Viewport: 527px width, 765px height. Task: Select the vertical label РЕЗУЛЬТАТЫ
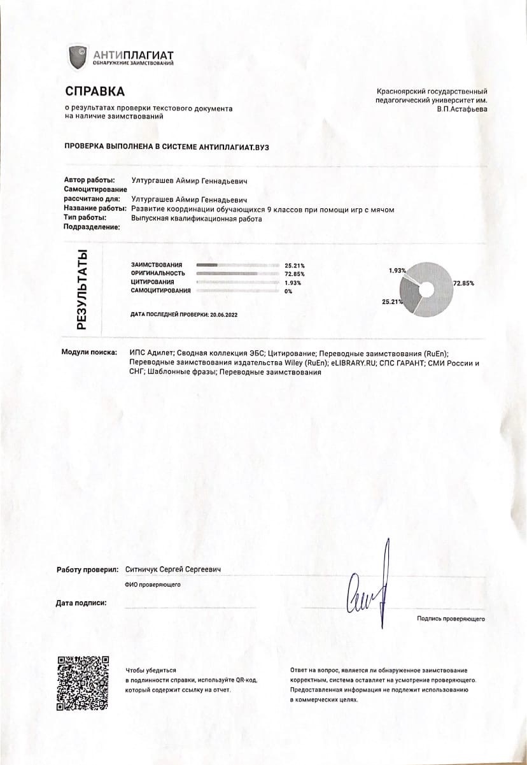coord(81,289)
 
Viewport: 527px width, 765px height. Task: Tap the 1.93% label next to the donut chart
coord(397,270)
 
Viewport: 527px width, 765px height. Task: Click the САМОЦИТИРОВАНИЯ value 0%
coord(288,290)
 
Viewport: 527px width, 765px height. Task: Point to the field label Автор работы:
coord(90,180)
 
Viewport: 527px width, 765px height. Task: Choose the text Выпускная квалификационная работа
coord(196,218)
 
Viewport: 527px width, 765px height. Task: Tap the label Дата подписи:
coord(81,602)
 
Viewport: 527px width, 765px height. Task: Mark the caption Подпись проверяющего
coord(451,618)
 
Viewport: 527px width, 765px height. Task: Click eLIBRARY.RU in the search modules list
coord(353,362)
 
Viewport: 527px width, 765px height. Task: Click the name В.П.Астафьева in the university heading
coord(462,109)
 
